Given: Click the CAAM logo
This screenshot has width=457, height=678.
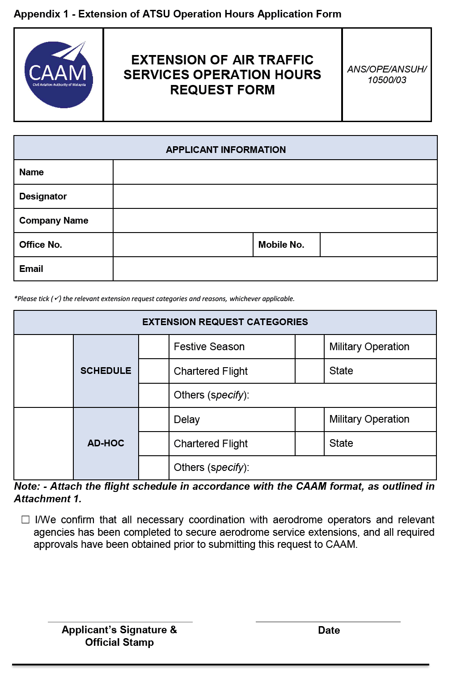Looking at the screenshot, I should [59, 75].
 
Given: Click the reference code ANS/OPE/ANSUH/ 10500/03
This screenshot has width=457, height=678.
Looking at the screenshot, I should [387, 75].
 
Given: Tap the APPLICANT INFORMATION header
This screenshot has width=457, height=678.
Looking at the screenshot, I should [225, 149].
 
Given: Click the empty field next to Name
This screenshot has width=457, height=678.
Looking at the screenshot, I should [275, 172].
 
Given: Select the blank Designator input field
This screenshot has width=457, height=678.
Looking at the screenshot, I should [275, 196].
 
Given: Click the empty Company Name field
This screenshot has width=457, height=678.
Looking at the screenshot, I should [275, 220].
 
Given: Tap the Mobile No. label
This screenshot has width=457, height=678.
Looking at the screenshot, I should [281, 245].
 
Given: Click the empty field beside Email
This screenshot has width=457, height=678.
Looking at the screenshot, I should [275, 269].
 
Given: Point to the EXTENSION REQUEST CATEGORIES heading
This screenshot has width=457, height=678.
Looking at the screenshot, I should [225, 322].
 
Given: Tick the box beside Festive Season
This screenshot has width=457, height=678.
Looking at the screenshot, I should [154, 347].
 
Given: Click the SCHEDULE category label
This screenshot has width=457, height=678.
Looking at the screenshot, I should [106, 371].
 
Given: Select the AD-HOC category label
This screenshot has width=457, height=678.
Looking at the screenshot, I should [106, 443].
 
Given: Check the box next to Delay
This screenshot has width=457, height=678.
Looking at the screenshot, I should [154, 420].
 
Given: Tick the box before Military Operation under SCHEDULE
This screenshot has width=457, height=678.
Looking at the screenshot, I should [309, 347].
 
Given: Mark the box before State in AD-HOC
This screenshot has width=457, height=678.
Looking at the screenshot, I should [309, 443].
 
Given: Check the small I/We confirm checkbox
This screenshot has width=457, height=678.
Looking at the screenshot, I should [25, 520].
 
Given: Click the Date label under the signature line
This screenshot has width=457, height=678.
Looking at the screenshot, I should [329, 630].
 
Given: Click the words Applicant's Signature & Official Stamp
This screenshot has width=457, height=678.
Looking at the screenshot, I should [119, 636].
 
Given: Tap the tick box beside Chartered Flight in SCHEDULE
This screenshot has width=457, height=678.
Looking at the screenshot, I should [154, 371].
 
